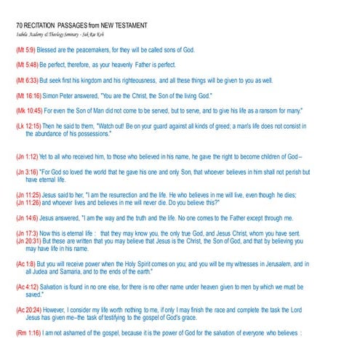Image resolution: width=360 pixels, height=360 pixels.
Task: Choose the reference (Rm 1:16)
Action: coord(28,334)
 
